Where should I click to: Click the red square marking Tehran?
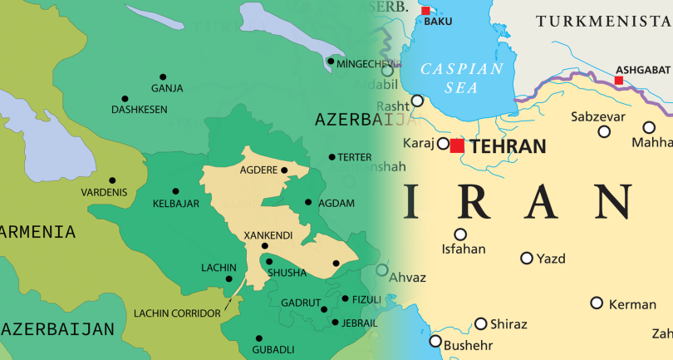(x=457, y=145)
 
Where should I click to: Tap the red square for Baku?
(x=426, y=11)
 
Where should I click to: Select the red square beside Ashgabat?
(x=618, y=81)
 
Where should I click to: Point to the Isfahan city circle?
(x=460, y=234)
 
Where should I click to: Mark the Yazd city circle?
(x=526, y=258)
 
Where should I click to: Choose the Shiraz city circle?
(x=481, y=323)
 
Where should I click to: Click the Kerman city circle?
(x=597, y=303)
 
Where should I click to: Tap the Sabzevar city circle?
(x=604, y=131)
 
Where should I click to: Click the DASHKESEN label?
(x=139, y=109)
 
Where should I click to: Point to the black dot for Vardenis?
(x=112, y=180)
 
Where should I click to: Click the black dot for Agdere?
(x=284, y=170)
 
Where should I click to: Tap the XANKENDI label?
(x=268, y=235)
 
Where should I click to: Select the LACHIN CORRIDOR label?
(x=177, y=313)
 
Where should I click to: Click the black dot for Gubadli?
(x=257, y=338)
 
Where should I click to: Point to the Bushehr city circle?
(x=433, y=340)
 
